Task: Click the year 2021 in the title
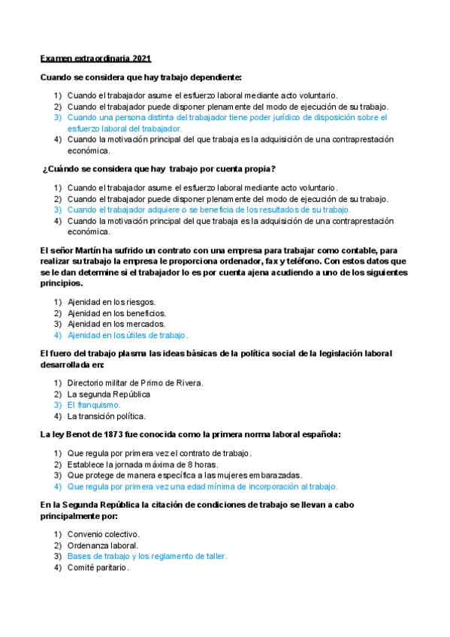(x=141, y=58)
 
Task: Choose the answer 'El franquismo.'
(x=94, y=405)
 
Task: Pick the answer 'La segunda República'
(x=109, y=394)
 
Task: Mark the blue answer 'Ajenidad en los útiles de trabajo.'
(x=128, y=335)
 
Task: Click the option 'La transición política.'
(x=107, y=416)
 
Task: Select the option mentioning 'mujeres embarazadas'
(x=185, y=475)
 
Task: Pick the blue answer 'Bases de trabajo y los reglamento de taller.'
(x=147, y=557)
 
